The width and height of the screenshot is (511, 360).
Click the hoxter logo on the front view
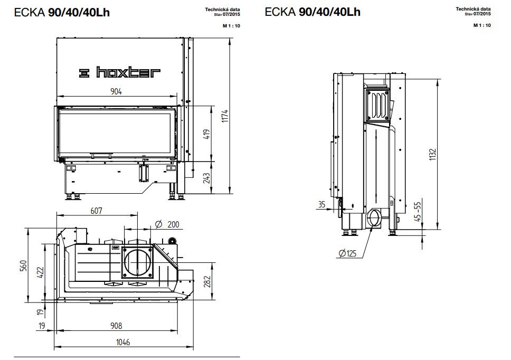tap(119, 73)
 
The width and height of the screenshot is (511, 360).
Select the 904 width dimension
tap(116, 91)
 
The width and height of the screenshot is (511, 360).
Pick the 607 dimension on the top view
tap(96, 210)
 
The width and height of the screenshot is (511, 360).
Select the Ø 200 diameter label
tap(168, 224)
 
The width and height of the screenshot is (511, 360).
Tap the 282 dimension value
tap(207, 280)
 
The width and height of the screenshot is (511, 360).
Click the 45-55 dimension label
tap(418, 213)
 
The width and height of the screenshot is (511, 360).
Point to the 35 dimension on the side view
tap(322, 205)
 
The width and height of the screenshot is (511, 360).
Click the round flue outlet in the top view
tap(136, 261)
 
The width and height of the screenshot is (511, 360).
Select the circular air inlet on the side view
tap(376, 217)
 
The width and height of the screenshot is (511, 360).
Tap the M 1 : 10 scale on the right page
tap(482, 25)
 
